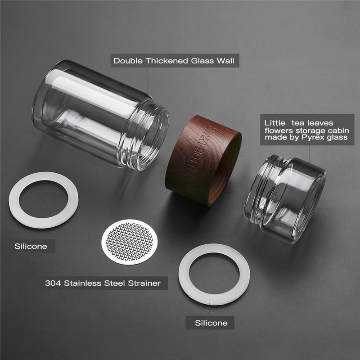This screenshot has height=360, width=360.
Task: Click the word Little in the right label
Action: [274, 122]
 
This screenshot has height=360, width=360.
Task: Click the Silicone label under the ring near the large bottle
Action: [31, 247]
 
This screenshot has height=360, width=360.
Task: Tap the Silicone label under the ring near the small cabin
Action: [211, 323]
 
